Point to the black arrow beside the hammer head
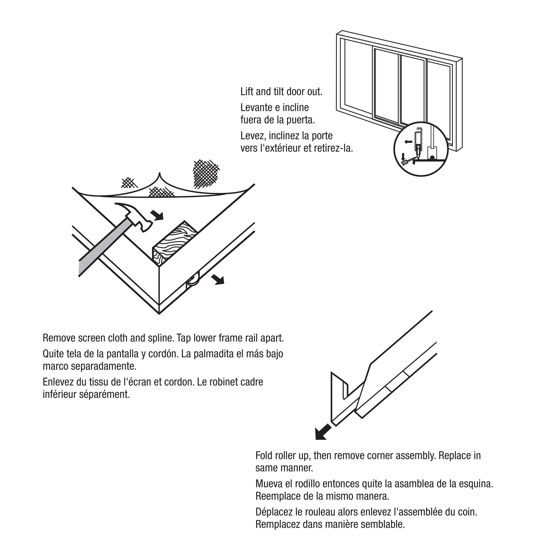coord(157,215)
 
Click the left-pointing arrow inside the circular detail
coord(408,142)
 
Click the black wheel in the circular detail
coord(432,157)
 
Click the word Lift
coord(247,92)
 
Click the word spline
coord(158,338)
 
